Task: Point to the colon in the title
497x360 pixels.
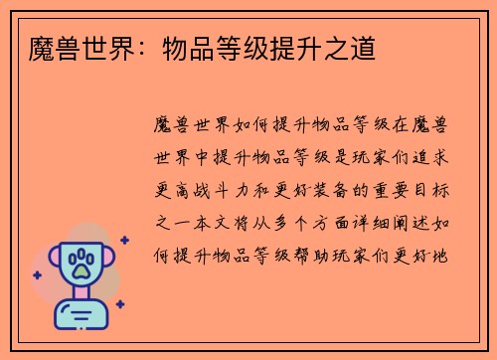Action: (124, 48)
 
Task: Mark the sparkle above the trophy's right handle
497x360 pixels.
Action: (124, 240)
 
